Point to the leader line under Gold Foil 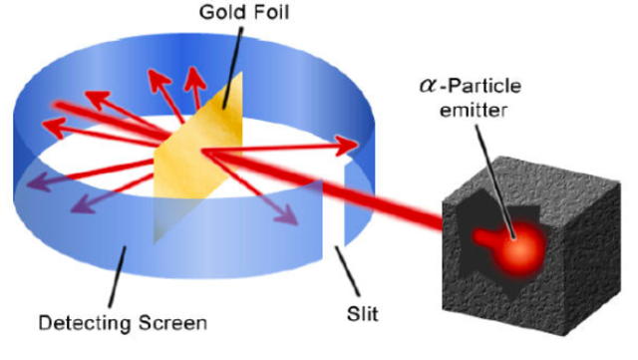coord(235,60)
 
